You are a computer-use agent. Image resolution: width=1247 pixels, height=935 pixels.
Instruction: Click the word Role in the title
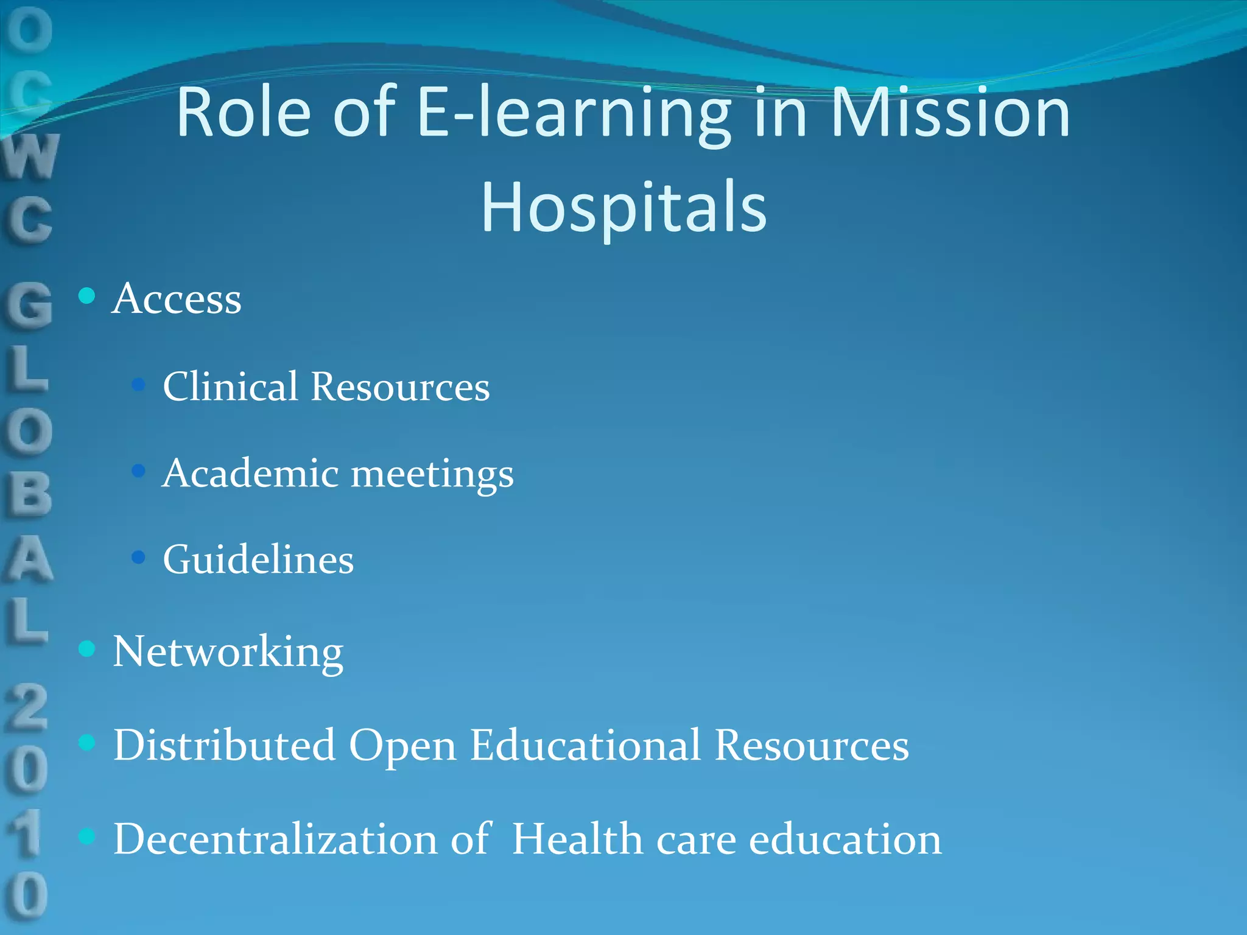coord(244,113)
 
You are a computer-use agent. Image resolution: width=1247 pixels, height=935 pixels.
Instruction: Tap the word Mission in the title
coord(950,113)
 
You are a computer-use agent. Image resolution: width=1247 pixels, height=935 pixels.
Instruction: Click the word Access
coord(177,299)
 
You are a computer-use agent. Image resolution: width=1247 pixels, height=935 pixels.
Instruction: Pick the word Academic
coord(250,473)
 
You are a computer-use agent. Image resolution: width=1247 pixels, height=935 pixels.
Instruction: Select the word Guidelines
coord(258,559)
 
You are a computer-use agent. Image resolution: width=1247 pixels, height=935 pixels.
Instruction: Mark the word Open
coord(402,746)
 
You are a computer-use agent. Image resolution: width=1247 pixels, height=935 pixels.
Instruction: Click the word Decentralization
coord(276,839)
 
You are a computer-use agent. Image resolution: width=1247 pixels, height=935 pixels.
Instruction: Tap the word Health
coord(577,839)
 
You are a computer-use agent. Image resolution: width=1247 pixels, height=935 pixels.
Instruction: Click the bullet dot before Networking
coord(87,649)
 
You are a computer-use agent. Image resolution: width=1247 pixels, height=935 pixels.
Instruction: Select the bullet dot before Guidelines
coord(138,557)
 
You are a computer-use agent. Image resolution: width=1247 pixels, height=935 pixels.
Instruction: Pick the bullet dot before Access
coord(87,296)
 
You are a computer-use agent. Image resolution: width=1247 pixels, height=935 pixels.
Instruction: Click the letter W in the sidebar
coord(30,156)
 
